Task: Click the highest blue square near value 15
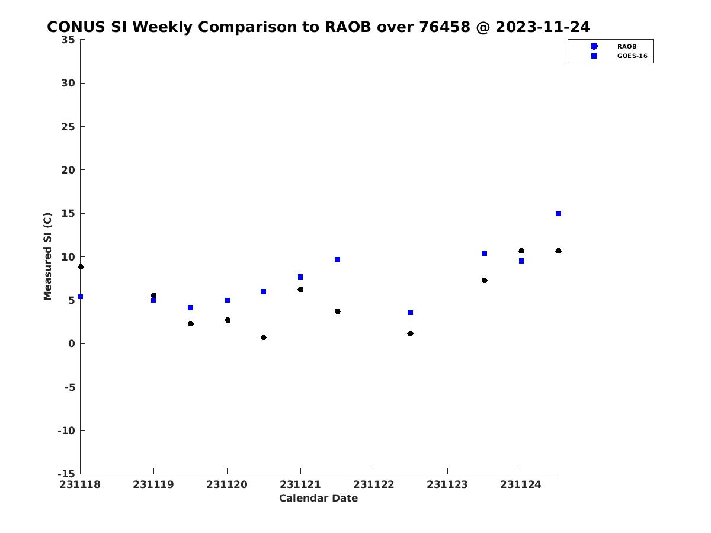(x=558, y=214)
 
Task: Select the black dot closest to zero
(x=263, y=337)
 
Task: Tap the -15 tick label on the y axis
(x=66, y=474)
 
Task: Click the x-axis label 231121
(x=300, y=484)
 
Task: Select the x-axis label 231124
(x=521, y=484)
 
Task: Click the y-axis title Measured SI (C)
(x=47, y=256)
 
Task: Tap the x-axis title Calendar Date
(x=318, y=498)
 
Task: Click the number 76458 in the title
(x=444, y=27)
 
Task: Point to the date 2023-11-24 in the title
(x=543, y=27)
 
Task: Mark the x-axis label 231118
(x=80, y=484)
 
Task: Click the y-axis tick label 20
(x=68, y=170)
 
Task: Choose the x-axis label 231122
(x=373, y=484)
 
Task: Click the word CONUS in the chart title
(x=76, y=27)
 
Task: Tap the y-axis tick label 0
(x=72, y=343)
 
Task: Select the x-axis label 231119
(x=153, y=484)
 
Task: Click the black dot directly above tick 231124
(x=521, y=251)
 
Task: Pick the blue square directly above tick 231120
(x=228, y=300)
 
